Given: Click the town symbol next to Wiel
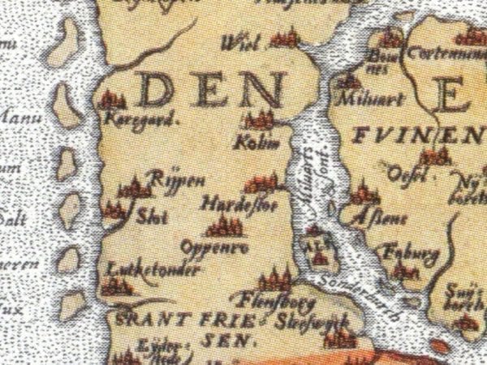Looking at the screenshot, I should click(x=285, y=37).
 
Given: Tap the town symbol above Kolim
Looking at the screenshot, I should click(x=260, y=120).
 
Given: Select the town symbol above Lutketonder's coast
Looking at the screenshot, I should click(x=119, y=286).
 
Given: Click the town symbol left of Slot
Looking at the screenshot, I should click(x=114, y=210).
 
